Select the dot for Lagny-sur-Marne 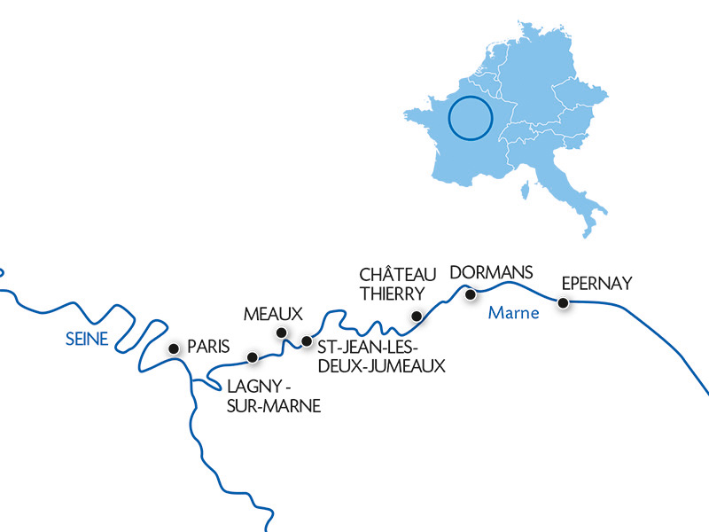click(x=253, y=358)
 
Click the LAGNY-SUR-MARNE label click(x=272, y=396)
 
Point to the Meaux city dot click(x=282, y=333)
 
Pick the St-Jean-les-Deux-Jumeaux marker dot click(x=307, y=340)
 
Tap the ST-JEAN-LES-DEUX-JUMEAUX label click(x=373, y=353)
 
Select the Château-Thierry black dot click(x=417, y=316)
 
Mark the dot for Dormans click(x=471, y=293)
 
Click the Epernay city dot click(x=562, y=303)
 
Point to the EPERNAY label click(x=597, y=284)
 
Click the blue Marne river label click(x=510, y=313)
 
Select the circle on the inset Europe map click(x=470, y=120)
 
